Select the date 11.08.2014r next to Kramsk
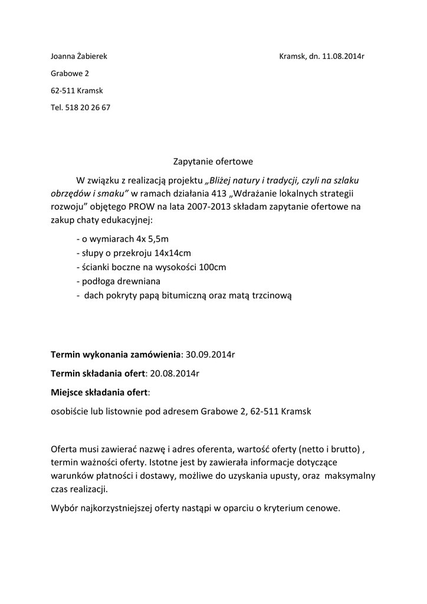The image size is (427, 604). click(343, 57)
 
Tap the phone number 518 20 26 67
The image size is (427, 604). click(87, 107)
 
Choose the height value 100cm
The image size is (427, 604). click(212, 267)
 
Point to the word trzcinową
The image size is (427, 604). click(271, 296)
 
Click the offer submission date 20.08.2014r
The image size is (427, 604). click(175, 373)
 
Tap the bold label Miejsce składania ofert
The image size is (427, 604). click(100, 392)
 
